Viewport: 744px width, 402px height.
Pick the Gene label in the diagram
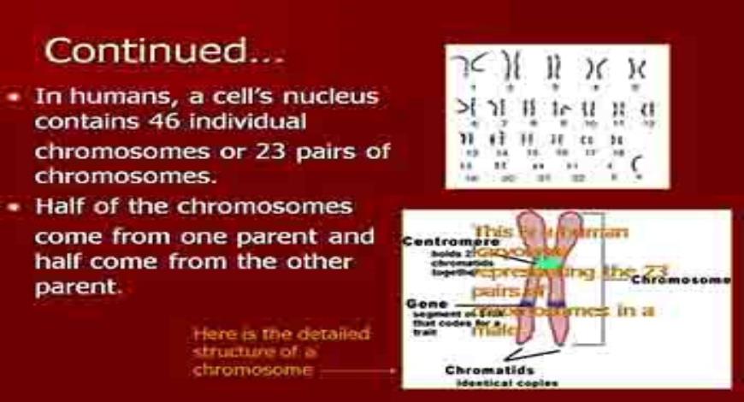[422, 304]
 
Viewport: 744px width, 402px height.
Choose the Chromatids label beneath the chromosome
[484, 369]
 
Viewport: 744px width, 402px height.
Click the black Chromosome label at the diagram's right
[681, 279]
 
